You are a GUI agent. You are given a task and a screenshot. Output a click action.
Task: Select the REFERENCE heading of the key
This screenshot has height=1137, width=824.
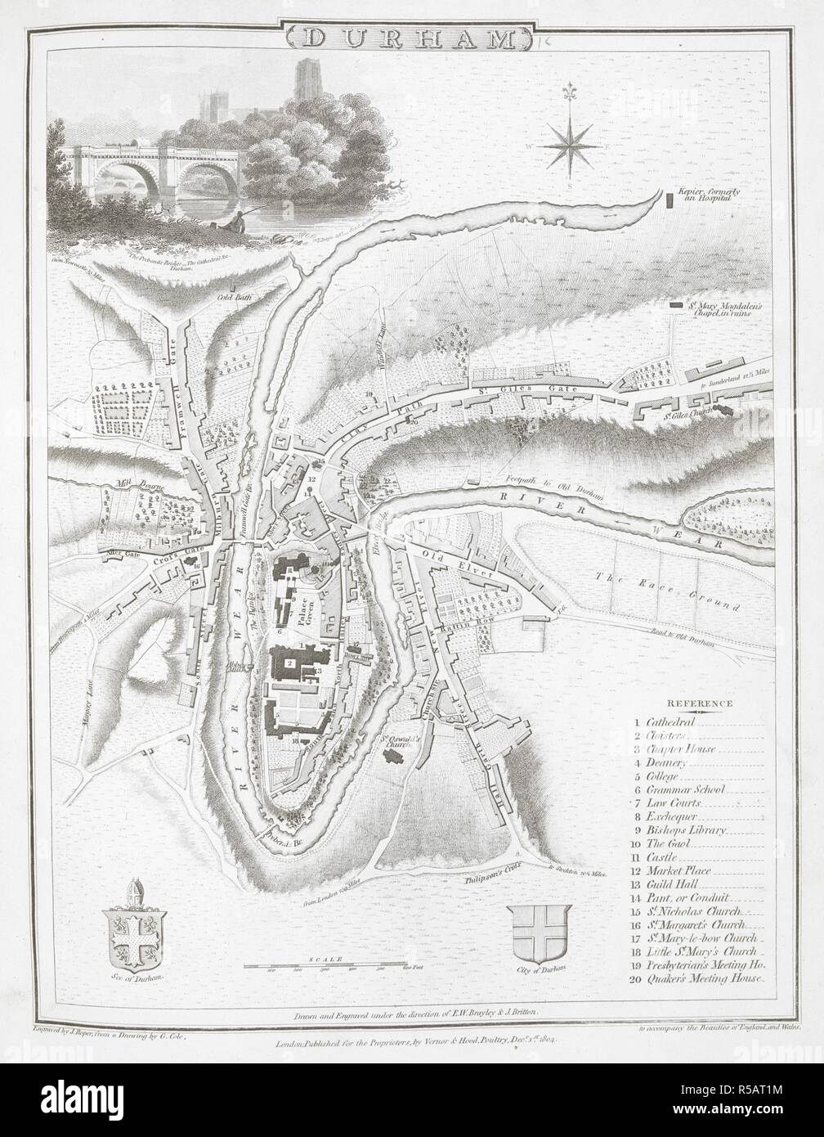pyautogui.click(x=700, y=703)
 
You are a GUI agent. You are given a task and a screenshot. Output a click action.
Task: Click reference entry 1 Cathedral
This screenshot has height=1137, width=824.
pyautogui.click(x=666, y=722)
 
